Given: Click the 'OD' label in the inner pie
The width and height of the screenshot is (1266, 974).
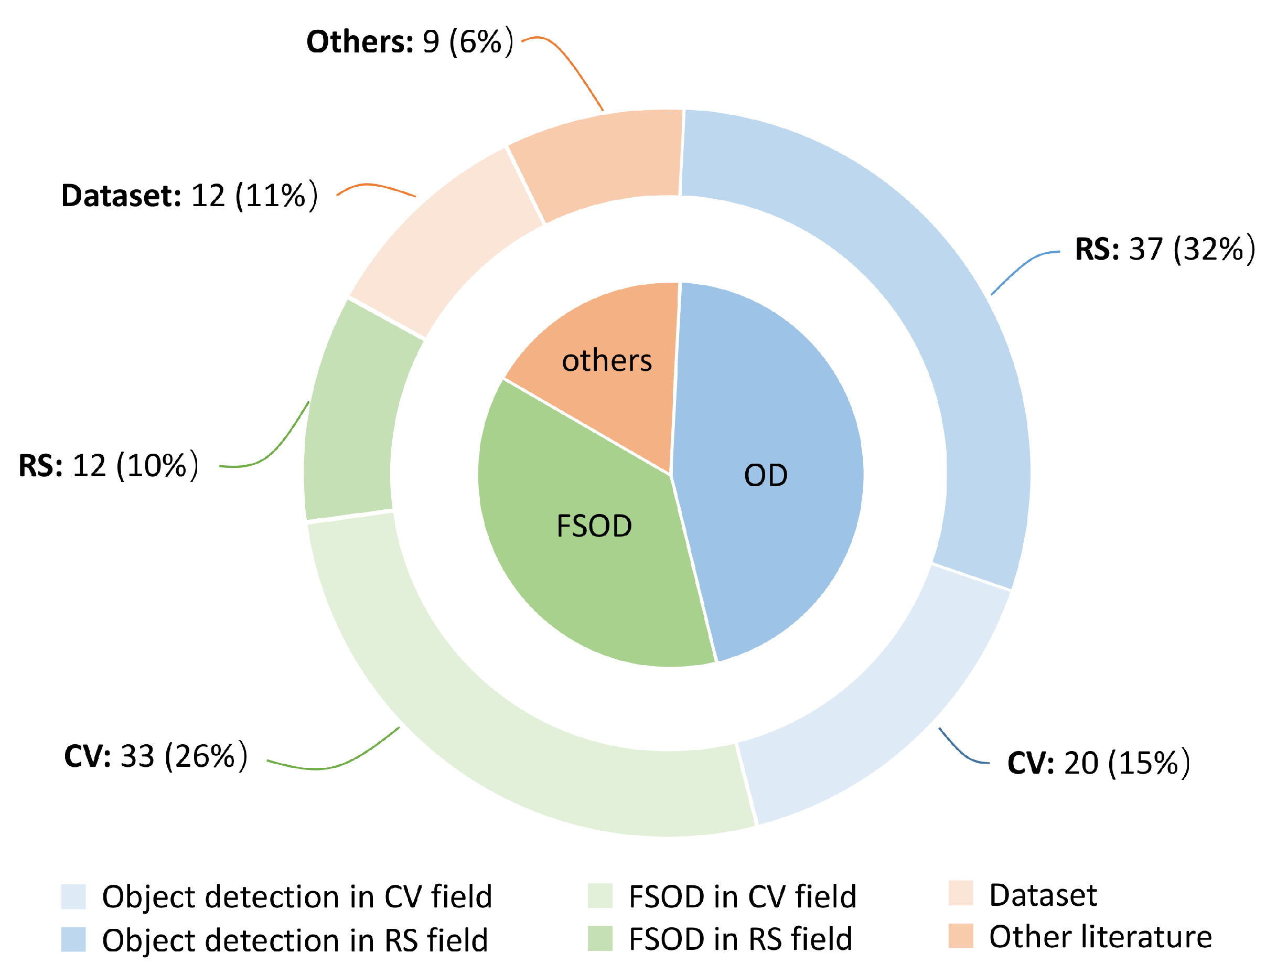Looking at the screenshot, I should [x=766, y=475].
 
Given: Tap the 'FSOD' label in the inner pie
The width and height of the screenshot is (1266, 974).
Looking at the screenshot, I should [x=594, y=527].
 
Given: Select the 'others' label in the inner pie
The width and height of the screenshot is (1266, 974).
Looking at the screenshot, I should [x=607, y=361].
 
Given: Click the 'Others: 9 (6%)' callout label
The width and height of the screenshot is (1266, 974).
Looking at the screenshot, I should [x=410, y=42].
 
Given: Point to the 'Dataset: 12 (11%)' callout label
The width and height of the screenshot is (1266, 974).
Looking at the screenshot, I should [x=189, y=196].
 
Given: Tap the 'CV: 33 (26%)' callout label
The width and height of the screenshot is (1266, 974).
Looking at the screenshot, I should [x=156, y=756].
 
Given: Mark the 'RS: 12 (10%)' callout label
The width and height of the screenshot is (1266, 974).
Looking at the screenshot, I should [x=109, y=466].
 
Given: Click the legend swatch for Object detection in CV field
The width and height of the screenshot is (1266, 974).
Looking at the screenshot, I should [x=73, y=897].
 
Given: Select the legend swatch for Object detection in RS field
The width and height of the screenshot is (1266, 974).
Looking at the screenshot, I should [x=73, y=939].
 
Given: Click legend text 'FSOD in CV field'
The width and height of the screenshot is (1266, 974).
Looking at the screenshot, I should [x=743, y=897].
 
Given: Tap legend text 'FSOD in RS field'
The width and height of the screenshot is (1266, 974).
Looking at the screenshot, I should [x=740, y=939].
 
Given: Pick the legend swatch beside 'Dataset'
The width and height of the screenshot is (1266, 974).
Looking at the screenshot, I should [x=961, y=893].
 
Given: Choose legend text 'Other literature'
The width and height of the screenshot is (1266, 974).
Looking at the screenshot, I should [x=1100, y=937].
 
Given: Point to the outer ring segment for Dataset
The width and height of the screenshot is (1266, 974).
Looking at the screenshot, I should [x=441, y=243].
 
